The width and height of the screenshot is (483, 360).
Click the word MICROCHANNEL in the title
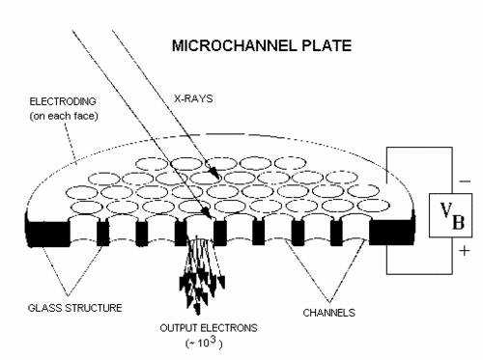click(x=234, y=45)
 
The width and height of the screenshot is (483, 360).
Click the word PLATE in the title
click(x=327, y=45)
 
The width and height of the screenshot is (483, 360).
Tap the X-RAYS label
click(x=193, y=98)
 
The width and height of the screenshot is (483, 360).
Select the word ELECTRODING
click(x=63, y=101)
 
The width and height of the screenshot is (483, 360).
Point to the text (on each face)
click(x=64, y=116)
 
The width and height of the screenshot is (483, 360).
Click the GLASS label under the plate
click(x=45, y=308)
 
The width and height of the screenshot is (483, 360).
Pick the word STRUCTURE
click(x=94, y=308)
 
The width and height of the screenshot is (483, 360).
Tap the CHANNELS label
click(x=329, y=313)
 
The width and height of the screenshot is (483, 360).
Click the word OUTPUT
click(x=179, y=328)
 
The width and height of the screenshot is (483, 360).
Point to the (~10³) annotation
click(x=204, y=343)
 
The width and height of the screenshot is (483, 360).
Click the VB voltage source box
click(x=450, y=215)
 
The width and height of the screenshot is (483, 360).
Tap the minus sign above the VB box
click(x=465, y=181)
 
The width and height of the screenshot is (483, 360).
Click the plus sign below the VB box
click(x=464, y=250)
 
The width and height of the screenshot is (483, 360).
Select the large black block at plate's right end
click(x=392, y=232)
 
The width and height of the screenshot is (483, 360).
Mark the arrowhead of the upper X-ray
click(x=215, y=173)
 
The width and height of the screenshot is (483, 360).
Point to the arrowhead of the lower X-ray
click(x=207, y=213)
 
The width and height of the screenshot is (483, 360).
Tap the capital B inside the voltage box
click(x=459, y=221)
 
